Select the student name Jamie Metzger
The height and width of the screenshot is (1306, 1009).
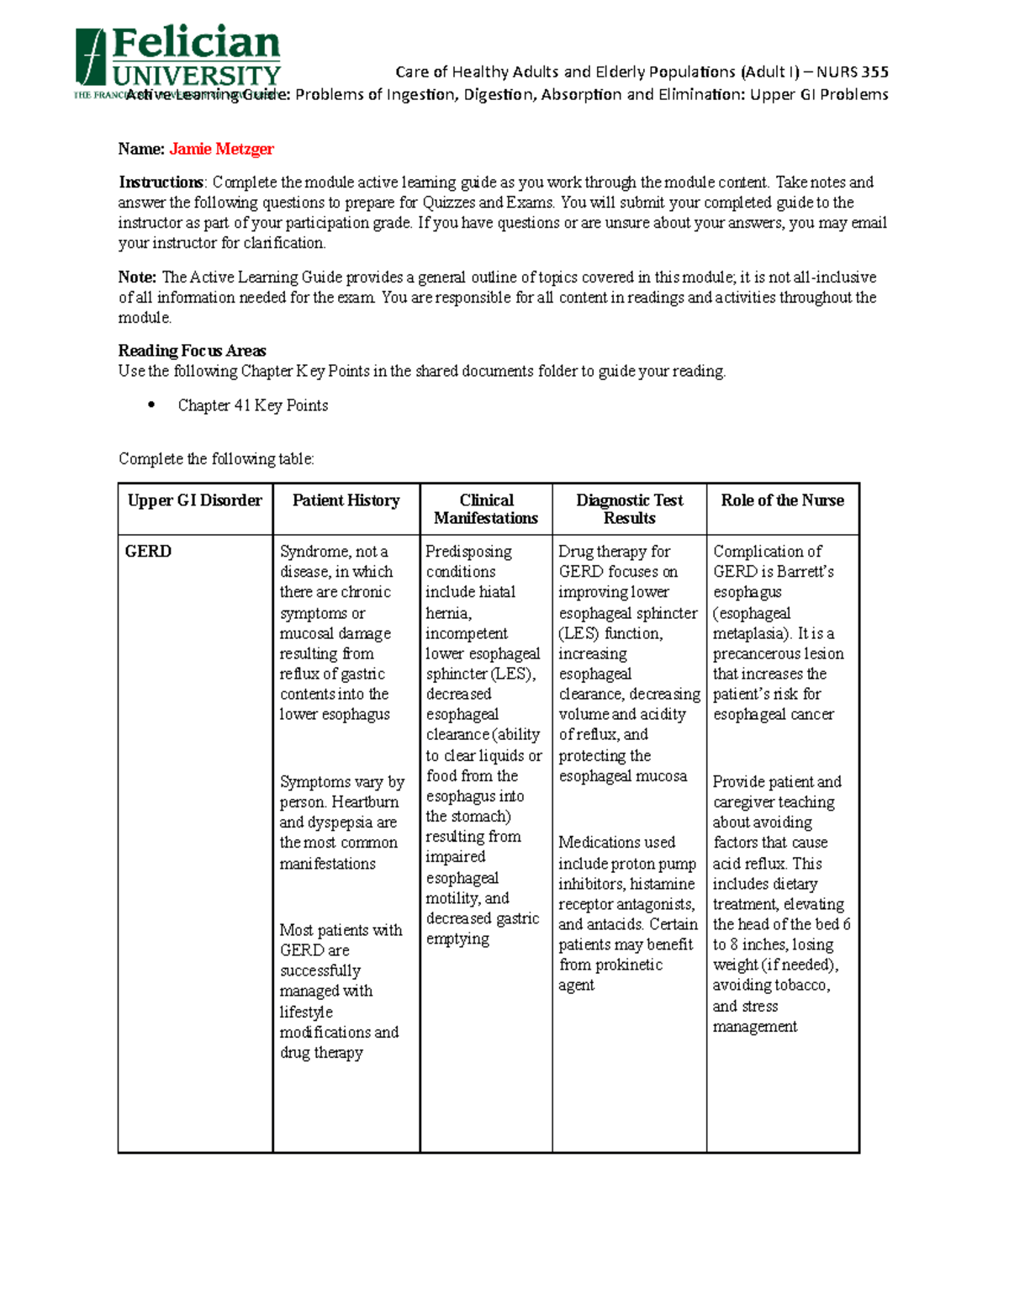221,149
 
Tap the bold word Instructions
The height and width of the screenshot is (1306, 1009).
161,182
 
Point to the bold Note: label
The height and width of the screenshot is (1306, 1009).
137,278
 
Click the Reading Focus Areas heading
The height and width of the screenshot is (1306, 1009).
192,351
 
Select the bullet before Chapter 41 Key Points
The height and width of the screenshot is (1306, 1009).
151,404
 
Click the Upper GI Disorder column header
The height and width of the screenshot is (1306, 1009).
195,500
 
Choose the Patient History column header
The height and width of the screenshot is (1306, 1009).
346,500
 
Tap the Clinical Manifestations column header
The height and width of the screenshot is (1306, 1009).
486,509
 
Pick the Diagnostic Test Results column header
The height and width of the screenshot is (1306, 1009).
629,509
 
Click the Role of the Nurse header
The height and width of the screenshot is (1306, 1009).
782,500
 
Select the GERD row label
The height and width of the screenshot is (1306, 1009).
148,552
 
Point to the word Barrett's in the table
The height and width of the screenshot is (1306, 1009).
804,572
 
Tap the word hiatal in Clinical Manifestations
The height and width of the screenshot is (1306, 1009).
495,592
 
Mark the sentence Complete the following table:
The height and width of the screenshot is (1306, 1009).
216,459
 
